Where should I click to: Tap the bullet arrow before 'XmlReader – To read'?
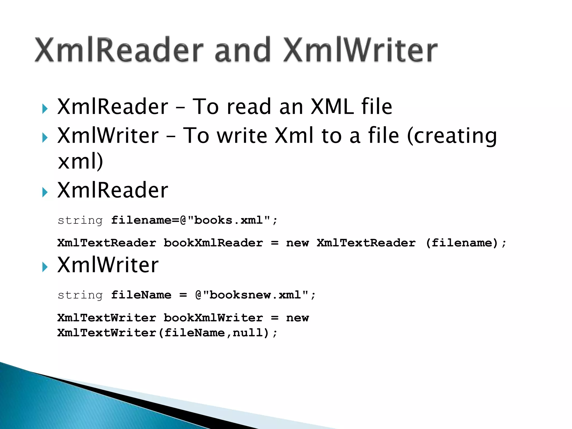click(x=45, y=109)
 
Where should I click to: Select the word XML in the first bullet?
click(x=332, y=107)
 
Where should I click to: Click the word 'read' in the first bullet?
click(x=249, y=107)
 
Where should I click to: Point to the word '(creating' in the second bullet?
click(x=452, y=136)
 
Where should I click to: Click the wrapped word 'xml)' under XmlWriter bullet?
click(x=80, y=161)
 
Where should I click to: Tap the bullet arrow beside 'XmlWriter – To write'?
click(x=45, y=138)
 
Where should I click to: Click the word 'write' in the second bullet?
click(x=242, y=136)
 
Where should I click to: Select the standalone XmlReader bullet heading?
click(x=113, y=190)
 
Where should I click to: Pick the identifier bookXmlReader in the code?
click(x=213, y=243)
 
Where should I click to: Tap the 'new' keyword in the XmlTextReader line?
click(x=297, y=243)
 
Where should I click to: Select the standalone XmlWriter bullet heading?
click(x=108, y=265)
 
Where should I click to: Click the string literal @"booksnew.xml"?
click(x=255, y=295)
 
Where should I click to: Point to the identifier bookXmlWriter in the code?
click(x=213, y=318)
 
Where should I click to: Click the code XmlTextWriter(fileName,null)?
click(x=167, y=333)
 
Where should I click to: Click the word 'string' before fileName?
click(x=80, y=295)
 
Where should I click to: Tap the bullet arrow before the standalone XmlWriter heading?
click(x=45, y=267)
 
